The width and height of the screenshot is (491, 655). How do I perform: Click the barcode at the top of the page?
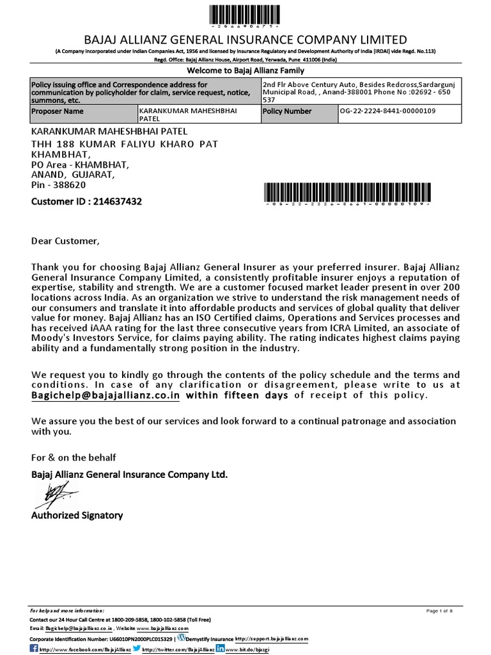pyautogui.click(x=245, y=14)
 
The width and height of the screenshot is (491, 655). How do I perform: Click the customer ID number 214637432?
pyautogui.click(x=118, y=201)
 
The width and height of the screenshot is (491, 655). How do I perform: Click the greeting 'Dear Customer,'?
pyautogui.click(x=66, y=241)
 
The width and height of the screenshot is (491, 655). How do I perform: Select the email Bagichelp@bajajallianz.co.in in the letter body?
pyautogui.click(x=106, y=395)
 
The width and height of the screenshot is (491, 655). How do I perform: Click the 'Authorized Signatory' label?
pyautogui.click(x=77, y=515)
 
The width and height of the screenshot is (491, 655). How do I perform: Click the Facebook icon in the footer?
pyautogui.click(x=35, y=648)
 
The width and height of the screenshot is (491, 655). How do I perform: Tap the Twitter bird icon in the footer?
pyautogui.click(x=137, y=647)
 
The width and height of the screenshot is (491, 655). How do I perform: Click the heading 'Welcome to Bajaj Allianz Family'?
pyautogui.click(x=245, y=70)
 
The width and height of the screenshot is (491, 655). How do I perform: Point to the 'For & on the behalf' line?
pyautogui.click(x=74, y=457)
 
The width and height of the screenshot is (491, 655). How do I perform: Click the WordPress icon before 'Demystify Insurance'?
pyautogui.click(x=182, y=638)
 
